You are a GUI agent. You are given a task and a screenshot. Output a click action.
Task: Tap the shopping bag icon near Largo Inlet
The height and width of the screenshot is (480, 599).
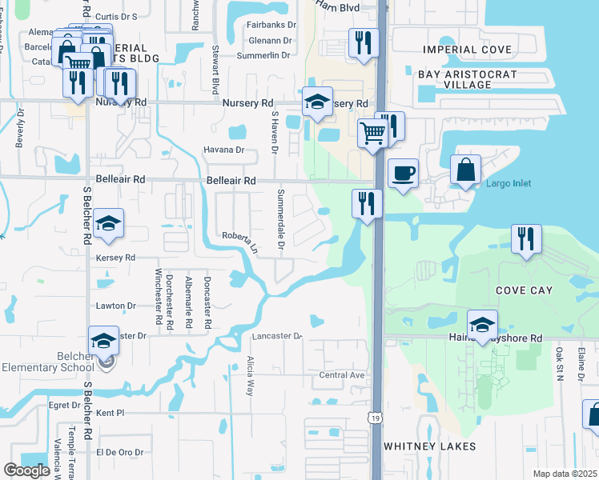click(465, 170)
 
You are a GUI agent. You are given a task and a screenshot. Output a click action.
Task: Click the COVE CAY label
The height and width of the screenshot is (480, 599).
click(524, 290)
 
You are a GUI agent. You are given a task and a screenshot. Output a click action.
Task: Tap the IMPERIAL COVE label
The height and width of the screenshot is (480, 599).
click(468, 50)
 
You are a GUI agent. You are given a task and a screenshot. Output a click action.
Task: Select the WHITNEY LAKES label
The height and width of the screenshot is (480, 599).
click(429, 446)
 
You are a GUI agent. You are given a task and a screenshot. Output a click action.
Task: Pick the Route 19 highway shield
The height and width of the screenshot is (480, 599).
click(374, 418)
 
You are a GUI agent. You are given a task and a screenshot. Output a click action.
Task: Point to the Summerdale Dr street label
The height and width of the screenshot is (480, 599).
click(280, 220)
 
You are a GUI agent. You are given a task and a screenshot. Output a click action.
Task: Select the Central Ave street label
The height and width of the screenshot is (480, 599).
click(342, 374)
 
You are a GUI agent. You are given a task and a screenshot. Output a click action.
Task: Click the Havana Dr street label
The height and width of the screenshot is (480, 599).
click(223, 150)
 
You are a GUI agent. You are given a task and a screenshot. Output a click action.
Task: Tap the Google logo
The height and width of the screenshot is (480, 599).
click(27, 470)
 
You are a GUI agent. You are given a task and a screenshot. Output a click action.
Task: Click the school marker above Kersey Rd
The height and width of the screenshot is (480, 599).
click(108, 224)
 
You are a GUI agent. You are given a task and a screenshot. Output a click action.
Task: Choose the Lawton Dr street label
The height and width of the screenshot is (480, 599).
click(115, 306)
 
